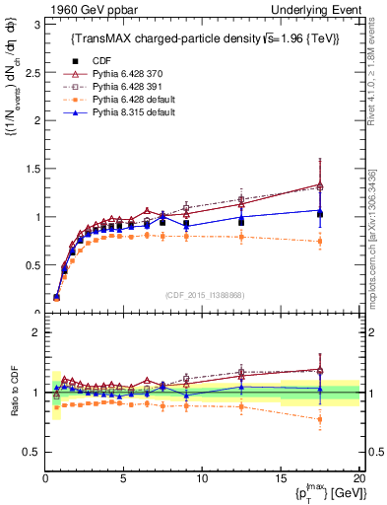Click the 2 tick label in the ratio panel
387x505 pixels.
coord(35,332)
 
